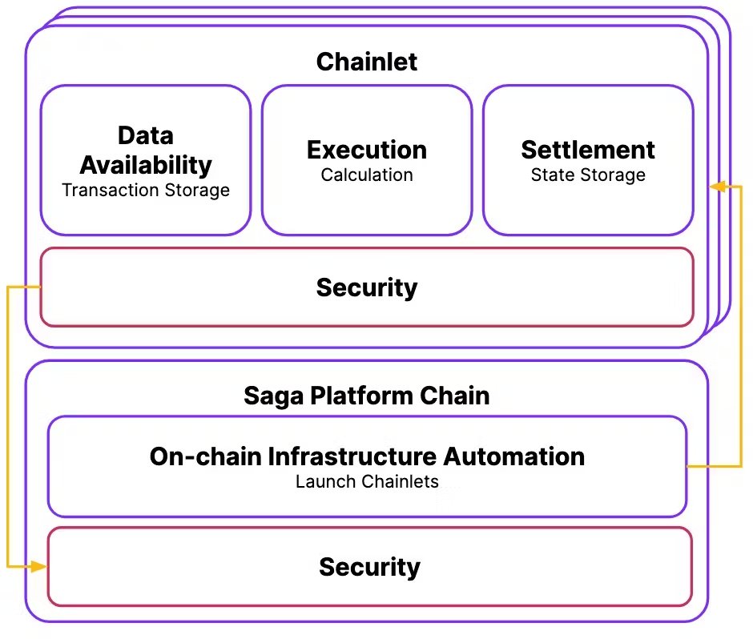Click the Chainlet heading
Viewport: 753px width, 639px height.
pyautogui.click(x=366, y=62)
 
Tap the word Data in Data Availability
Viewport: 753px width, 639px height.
pyautogui.click(x=146, y=135)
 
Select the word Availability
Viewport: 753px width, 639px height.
pyautogui.click(x=146, y=166)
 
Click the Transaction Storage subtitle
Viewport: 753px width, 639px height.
pyautogui.click(x=146, y=190)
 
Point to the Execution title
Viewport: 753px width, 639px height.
pyautogui.click(x=367, y=150)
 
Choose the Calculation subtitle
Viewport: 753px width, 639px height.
pyautogui.click(x=367, y=175)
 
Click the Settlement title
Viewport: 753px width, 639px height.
pyautogui.click(x=588, y=150)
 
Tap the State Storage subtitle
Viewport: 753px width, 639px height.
pyautogui.click(x=588, y=175)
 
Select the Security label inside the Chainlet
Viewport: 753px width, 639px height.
pyautogui.click(x=367, y=288)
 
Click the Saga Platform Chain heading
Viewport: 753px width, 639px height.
pyautogui.click(x=366, y=396)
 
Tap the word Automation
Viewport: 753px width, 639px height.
pyautogui.click(x=513, y=456)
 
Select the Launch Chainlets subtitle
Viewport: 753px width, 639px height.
pyautogui.click(x=367, y=481)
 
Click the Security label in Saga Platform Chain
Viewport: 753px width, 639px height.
pyautogui.click(x=369, y=568)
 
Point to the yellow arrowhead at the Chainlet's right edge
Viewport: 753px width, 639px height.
pyautogui.click(x=718, y=187)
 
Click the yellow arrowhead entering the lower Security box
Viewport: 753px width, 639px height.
pyautogui.click(x=38, y=566)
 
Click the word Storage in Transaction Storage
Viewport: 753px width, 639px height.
pyautogui.click(x=197, y=191)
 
